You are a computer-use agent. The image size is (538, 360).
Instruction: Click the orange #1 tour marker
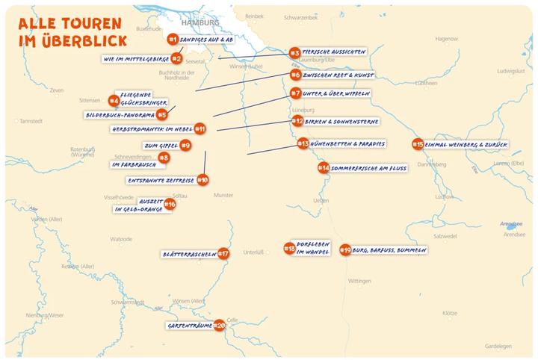click(173, 38)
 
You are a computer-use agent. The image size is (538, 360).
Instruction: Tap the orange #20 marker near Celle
click(220, 325)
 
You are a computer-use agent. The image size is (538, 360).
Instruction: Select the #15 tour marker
click(418, 144)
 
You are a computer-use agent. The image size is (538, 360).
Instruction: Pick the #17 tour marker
click(223, 254)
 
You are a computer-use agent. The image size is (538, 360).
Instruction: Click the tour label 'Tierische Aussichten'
click(333, 52)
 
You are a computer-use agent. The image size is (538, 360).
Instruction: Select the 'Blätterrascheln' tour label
click(189, 255)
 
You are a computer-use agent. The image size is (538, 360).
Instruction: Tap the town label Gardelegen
click(498, 347)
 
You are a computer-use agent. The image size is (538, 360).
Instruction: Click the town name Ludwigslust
click(511, 71)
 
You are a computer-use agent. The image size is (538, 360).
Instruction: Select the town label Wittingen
click(359, 281)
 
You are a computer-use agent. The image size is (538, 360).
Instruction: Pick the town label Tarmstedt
click(34, 120)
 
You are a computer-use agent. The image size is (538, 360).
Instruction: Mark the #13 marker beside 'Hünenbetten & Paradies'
click(303, 143)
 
